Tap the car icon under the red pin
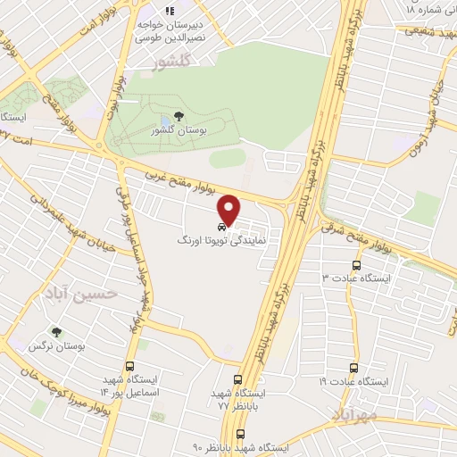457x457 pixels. (x=222, y=227)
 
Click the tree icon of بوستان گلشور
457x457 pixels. (x=179, y=117)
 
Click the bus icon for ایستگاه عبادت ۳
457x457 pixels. (x=357, y=265)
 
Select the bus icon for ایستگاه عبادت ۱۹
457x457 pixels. (x=354, y=367)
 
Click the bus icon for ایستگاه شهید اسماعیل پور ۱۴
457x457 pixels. (x=131, y=366)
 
